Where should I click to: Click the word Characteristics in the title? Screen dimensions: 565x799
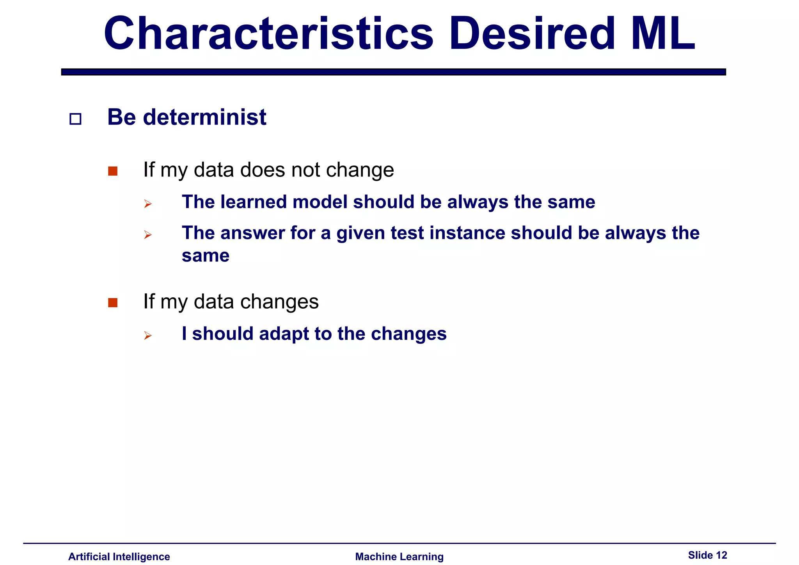268,34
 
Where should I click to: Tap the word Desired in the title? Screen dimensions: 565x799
531,34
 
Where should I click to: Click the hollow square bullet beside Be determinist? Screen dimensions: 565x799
75,119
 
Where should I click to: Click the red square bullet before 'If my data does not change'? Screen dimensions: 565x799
113,171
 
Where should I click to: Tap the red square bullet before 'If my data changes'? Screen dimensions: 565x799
113,303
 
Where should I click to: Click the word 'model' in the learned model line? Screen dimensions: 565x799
320,202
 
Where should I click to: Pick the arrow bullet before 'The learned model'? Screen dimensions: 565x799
147,204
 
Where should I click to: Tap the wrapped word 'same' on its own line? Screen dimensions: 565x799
206,256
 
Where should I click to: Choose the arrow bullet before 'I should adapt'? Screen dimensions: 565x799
147,336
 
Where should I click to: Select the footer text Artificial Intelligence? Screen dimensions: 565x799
119,556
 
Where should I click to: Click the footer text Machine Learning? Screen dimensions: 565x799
399,556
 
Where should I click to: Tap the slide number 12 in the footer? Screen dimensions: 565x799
721,555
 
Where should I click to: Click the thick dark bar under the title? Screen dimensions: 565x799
393,72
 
